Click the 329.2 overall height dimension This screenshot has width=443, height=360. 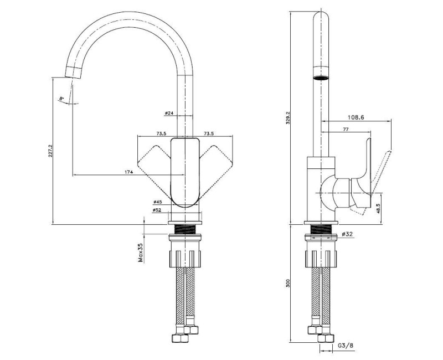pos(288,118)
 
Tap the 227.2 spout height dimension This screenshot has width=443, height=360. pos(50,151)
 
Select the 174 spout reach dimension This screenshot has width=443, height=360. pos(128,172)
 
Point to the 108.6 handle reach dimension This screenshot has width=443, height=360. pos(356,117)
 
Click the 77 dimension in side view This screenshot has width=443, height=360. pos(346,129)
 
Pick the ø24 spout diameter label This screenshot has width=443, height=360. pos(169,113)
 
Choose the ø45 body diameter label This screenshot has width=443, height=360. pos(157,202)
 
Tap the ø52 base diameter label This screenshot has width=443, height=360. pos(157,210)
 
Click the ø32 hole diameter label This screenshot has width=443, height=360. pos(347,234)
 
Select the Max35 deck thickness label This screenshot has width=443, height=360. pos(141,253)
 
